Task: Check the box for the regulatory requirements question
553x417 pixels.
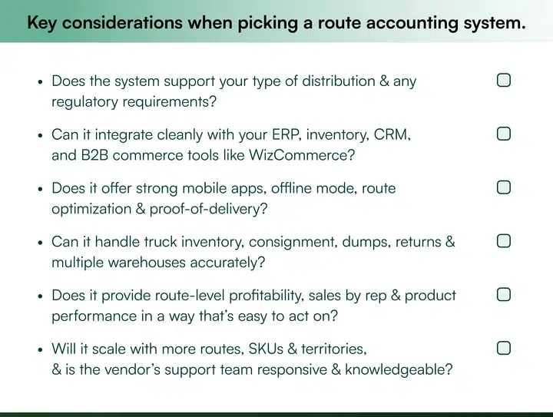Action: [504, 81]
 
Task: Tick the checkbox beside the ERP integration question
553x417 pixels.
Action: [504, 134]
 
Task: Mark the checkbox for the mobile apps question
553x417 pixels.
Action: [504, 187]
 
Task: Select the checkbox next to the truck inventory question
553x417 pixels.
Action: [504, 241]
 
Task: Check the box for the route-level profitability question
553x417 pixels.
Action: [504, 295]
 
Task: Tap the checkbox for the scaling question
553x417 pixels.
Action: [504, 349]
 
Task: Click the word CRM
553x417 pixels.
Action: [392, 135]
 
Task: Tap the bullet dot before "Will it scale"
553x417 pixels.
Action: [40, 350]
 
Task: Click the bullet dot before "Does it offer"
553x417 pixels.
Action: [40, 189]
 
